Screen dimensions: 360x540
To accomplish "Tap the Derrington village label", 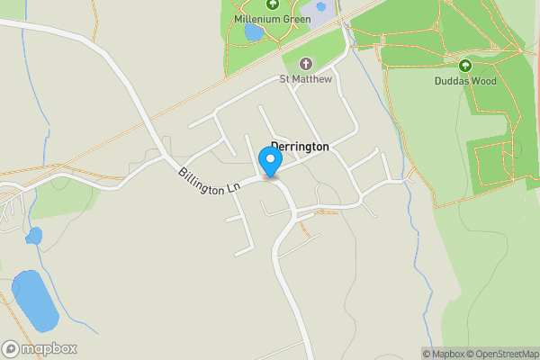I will coord(300,147).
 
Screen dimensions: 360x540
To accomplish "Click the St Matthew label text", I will coord(305,79).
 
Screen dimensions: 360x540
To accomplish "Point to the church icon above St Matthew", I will coord(305,64).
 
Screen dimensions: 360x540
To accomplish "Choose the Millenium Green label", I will coord(272,19).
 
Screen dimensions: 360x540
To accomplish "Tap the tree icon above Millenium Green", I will coord(272,4).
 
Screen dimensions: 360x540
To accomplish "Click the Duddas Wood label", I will coord(464,80).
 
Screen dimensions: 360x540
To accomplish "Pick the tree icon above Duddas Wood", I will coord(464,66).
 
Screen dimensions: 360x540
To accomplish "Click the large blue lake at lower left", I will coord(34,300).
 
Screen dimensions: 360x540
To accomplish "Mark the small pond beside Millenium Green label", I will coord(254,32).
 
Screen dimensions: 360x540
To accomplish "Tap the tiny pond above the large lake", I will coord(34,237).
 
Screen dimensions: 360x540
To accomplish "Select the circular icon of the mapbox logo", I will coord(11,348).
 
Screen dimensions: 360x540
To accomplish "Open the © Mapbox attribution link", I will coord(443,354).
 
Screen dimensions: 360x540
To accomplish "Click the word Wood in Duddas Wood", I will coord(484,80).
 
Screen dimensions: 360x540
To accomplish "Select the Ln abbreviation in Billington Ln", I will coord(234,188).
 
